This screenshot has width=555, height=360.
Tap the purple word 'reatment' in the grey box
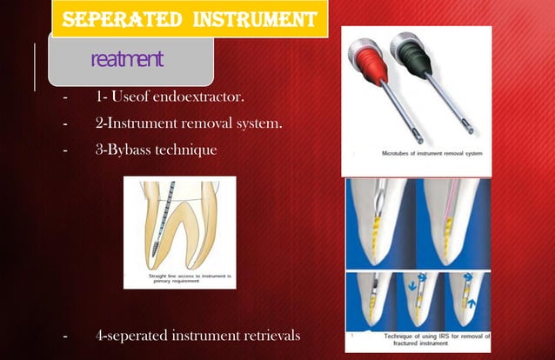coord(127,59)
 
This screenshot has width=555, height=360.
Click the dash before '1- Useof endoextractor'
coord(64,97)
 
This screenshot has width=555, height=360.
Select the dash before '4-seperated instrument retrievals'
coord(64,334)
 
